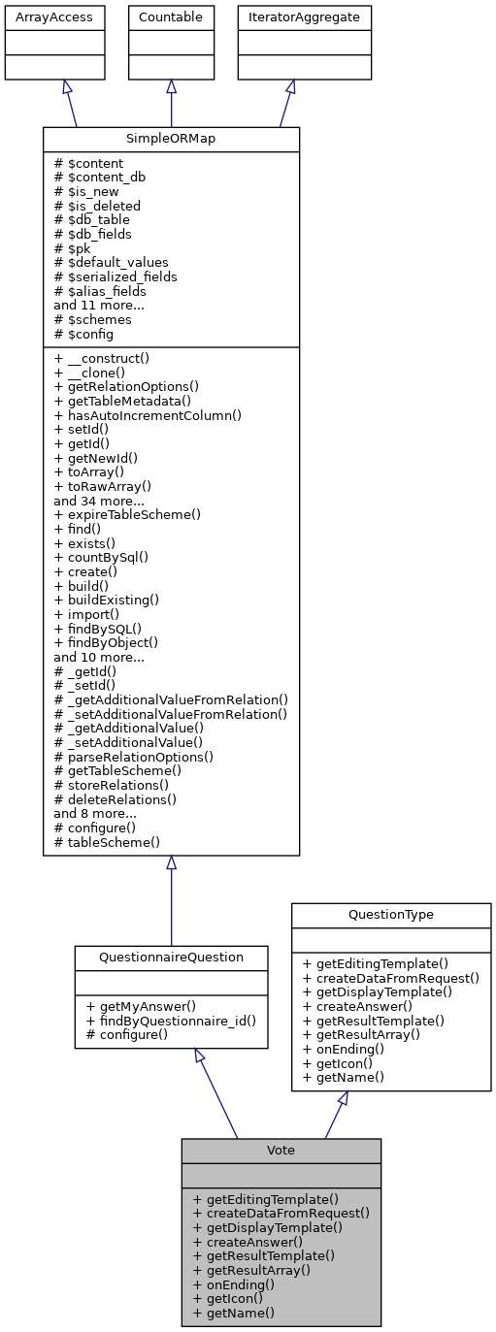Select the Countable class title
tap(171, 17)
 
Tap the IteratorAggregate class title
tap(290, 17)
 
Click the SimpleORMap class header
tap(171, 139)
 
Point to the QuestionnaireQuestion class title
tap(171, 958)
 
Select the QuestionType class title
tap(391, 915)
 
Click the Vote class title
tap(281, 1150)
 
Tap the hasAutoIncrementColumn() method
tap(148, 415)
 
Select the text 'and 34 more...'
tap(98, 500)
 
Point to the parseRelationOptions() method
tap(134, 756)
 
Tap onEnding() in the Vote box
tap(234, 1284)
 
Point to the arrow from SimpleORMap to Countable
tap(171, 103)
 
